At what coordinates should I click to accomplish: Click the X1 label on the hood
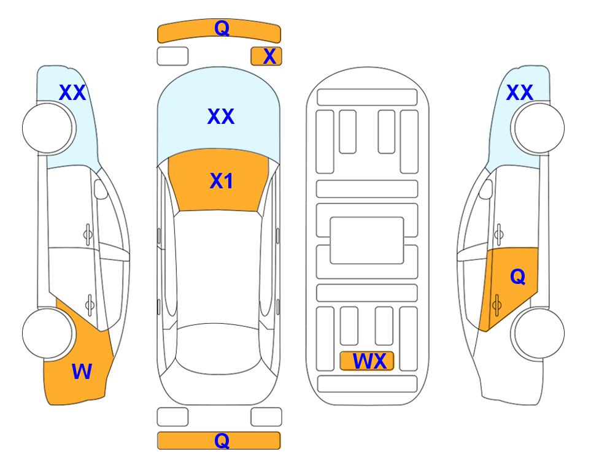click(222, 181)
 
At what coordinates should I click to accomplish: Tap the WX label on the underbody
click(369, 361)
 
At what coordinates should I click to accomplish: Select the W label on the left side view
click(82, 372)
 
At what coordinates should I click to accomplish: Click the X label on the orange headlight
click(269, 56)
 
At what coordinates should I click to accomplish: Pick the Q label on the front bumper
click(222, 28)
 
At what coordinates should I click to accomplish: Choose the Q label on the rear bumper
click(222, 440)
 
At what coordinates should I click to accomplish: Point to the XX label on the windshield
click(221, 116)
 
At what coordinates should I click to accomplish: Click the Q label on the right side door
click(517, 277)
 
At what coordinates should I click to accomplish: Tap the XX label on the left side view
click(72, 93)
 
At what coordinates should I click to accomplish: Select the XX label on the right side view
click(519, 93)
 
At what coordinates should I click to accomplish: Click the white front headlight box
click(172, 56)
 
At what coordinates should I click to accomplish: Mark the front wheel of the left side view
click(49, 128)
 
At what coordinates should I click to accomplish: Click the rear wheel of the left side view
click(48, 333)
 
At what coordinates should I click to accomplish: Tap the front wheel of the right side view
click(538, 128)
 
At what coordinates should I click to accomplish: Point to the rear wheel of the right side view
click(538, 333)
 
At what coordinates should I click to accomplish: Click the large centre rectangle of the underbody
click(367, 240)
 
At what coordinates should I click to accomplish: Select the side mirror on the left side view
click(101, 190)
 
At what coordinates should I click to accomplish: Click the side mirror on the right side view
click(486, 190)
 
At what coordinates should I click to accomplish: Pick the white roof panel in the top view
click(218, 267)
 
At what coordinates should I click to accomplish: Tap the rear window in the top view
click(218, 348)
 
